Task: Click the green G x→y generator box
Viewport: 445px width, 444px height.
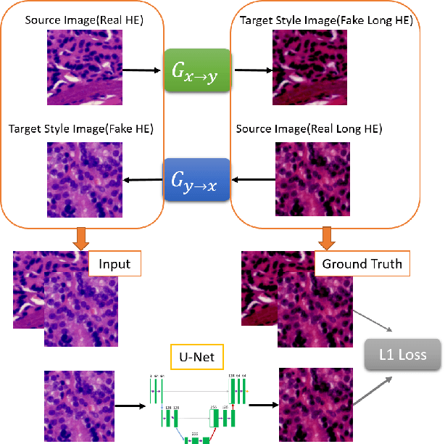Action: pos(196,71)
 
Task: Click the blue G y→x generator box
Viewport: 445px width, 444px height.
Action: pos(196,179)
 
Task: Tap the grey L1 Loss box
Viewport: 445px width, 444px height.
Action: pos(402,355)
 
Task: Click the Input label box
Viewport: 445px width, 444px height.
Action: pos(115,263)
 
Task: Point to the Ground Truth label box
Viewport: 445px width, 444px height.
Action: pos(361,263)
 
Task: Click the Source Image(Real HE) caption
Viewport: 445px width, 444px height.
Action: pos(84,20)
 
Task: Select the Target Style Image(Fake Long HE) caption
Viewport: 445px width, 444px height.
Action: pos(326,20)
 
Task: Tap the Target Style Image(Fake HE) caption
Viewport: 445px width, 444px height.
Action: pos(86,129)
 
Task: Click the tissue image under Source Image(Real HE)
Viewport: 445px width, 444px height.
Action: pos(84,71)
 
